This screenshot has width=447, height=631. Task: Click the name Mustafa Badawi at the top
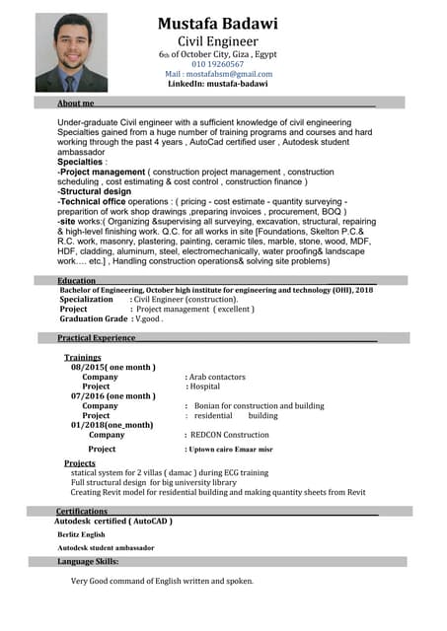pyautogui.click(x=217, y=23)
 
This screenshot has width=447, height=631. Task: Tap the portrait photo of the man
pyautogui.click(x=71, y=52)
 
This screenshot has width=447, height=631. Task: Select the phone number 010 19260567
pyautogui.click(x=218, y=63)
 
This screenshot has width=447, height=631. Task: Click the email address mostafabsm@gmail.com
pyautogui.click(x=218, y=74)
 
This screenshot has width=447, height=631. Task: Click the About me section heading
pyautogui.click(x=76, y=103)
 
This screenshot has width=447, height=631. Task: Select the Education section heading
pyautogui.click(x=77, y=281)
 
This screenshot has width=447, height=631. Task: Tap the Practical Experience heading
pyautogui.click(x=97, y=338)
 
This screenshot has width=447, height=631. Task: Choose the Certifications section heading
pyautogui.click(x=82, y=512)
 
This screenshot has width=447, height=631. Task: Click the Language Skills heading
pyautogui.click(x=88, y=561)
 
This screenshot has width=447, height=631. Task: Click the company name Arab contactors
pyautogui.click(x=217, y=377)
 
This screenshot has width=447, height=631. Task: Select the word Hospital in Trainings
pyautogui.click(x=204, y=386)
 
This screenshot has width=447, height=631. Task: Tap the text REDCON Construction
pyautogui.click(x=229, y=435)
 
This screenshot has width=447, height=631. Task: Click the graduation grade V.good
pyautogui.click(x=149, y=319)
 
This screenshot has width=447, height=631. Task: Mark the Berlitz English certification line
pyautogui.click(x=81, y=534)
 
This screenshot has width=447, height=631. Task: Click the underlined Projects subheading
pyautogui.click(x=80, y=463)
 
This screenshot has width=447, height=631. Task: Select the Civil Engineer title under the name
pyautogui.click(x=217, y=41)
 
